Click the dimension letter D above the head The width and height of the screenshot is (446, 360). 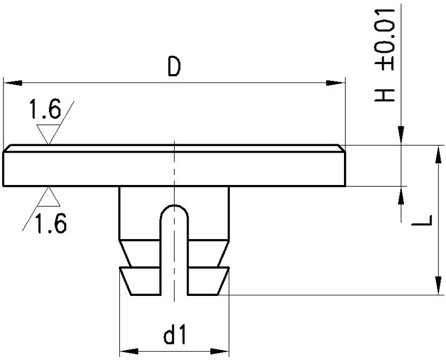174,66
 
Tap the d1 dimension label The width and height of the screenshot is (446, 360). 174,334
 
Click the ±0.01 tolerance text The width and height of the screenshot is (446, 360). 385,39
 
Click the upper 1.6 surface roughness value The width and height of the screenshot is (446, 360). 45,109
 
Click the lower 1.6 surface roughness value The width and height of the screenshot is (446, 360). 51,223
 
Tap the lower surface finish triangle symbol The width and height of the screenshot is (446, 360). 49,196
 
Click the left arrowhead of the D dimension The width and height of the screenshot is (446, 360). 13,83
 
